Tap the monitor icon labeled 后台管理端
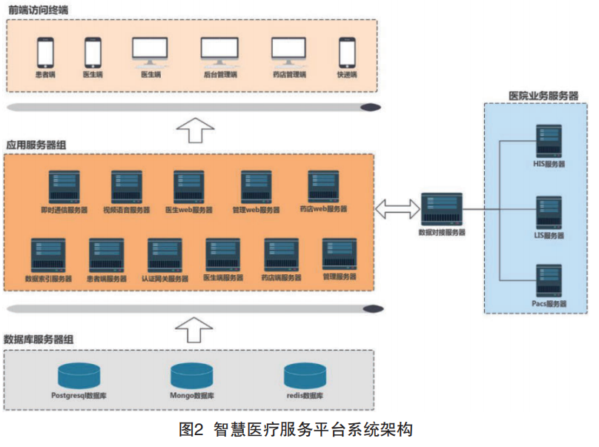point(219,50)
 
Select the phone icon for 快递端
point(347,53)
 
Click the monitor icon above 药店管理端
point(288,50)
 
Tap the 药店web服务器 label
point(322,210)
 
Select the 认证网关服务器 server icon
point(165,255)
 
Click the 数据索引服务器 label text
point(48,279)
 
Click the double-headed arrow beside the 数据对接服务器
point(397,209)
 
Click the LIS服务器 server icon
point(549,213)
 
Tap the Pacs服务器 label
point(549,304)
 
